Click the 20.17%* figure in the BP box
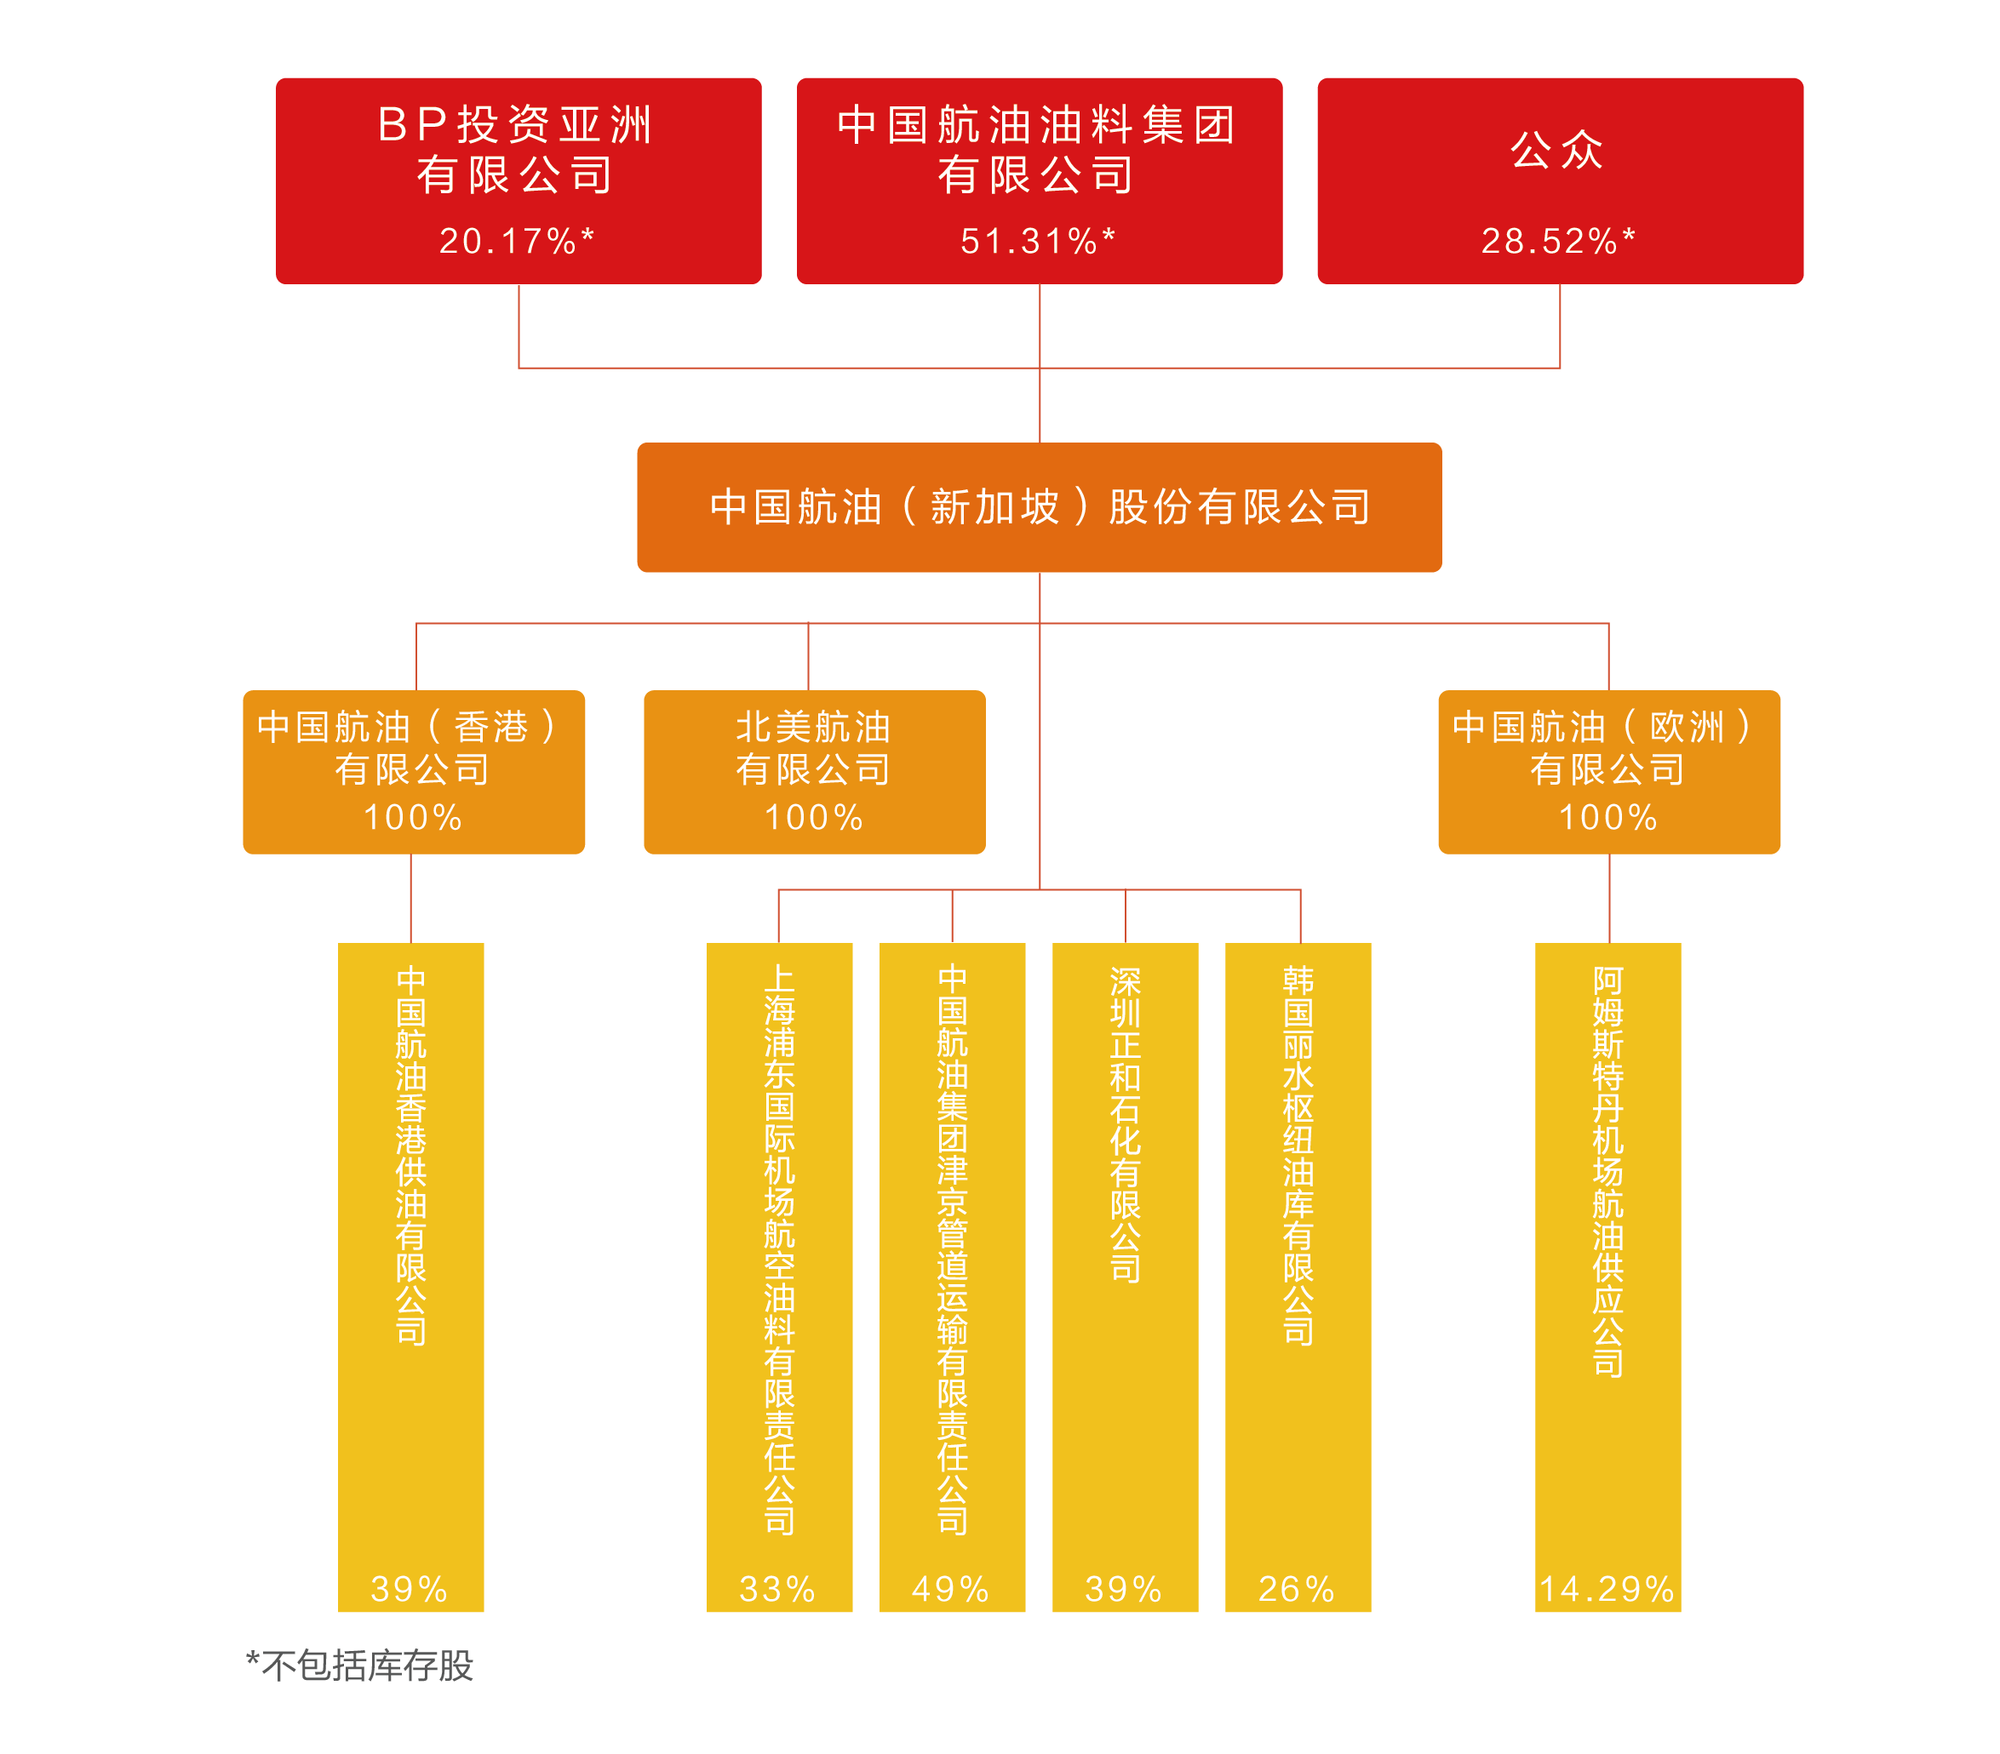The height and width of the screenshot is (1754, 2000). [517, 241]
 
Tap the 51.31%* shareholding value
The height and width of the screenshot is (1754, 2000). [1038, 241]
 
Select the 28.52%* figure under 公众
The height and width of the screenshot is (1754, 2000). [1559, 241]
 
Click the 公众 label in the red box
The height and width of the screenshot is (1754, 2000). [1558, 150]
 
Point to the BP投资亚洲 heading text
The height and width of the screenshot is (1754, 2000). [517, 125]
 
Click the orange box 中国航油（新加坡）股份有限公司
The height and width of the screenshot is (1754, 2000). [1039, 506]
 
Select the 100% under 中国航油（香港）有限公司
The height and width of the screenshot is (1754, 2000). [413, 817]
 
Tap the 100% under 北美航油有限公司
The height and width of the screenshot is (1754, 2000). [814, 817]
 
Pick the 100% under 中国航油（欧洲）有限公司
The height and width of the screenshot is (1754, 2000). [1608, 817]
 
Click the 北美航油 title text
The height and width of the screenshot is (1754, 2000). [814, 727]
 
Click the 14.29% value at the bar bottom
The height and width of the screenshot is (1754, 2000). [1607, 1589]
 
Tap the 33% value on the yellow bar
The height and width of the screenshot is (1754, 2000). [778, 1589]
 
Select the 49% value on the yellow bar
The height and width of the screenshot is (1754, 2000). [951, 1589]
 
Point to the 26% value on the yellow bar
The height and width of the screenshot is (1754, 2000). [1298, 1589]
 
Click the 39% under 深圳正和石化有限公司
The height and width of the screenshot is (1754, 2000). [1124, 1589]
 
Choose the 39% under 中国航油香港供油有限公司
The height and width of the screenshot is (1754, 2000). [410, 1589]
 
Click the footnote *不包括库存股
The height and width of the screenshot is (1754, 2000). [360, 1665]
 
